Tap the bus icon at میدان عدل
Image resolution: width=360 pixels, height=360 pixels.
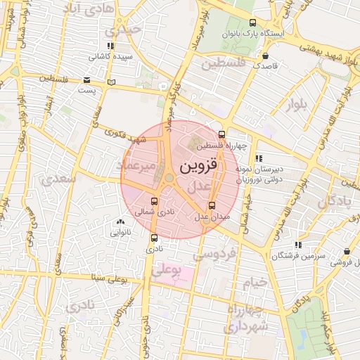212,206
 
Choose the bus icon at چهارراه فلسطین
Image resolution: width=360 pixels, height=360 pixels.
222,134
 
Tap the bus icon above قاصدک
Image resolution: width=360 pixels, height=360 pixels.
265,56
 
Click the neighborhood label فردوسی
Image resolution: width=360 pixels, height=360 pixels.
221,251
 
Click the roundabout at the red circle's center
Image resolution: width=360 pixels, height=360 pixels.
169,179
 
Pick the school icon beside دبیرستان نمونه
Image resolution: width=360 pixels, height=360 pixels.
259,159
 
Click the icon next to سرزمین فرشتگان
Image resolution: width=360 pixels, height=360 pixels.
298,245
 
